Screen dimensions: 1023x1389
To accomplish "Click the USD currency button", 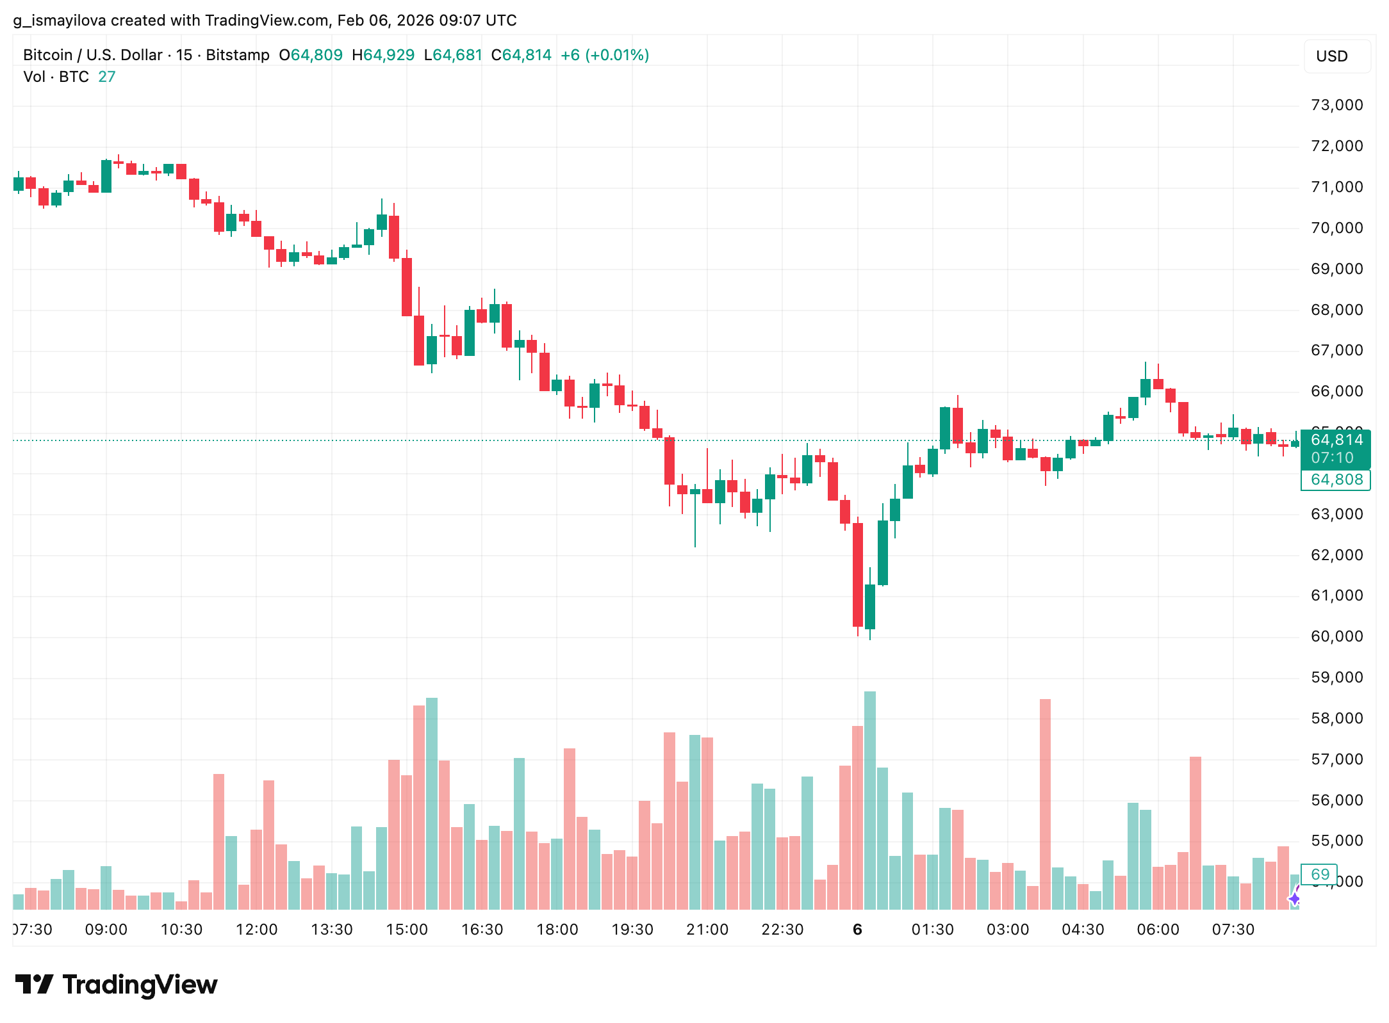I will click(1336, 56).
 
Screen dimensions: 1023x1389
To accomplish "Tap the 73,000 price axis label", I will click(1336, 105).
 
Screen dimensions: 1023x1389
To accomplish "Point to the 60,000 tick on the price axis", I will click(1336, 636).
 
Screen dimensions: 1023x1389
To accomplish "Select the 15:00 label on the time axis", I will click(407, 930).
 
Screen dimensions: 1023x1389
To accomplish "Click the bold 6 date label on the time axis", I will click(857, 930).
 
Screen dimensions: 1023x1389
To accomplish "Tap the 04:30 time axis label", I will click(1083, 930).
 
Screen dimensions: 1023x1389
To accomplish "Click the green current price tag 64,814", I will click(1336, 440).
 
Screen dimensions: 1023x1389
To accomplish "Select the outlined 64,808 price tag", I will click(1336, 479).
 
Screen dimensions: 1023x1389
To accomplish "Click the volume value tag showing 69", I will click(1320, 874).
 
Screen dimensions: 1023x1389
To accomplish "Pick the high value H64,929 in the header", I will click(383, 55).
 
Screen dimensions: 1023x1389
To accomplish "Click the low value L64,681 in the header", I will click(453, 55).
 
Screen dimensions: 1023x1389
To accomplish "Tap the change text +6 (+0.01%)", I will click(604, 55).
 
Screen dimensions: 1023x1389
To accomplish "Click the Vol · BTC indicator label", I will click(56, 77).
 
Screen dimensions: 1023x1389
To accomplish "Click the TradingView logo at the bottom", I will click(116, 985).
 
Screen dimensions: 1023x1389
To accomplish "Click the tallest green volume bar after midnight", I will click(870, 800).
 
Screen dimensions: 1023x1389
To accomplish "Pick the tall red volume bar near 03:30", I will click(1045, 804).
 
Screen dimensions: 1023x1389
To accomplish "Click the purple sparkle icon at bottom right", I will click(1294, 899).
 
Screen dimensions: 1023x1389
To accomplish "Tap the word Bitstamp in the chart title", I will click(238, 55).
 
